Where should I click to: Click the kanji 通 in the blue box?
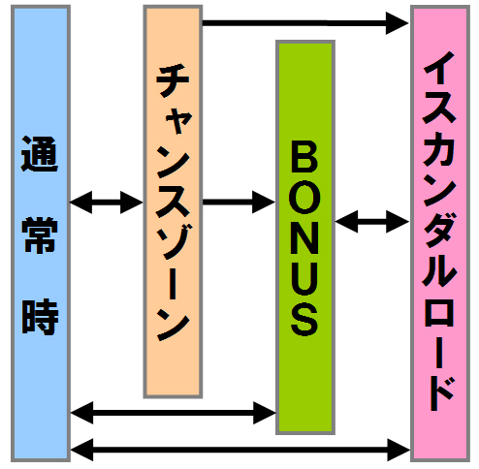coord(40,154)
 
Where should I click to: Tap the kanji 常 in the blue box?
coord(40,235)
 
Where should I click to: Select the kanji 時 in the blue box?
coord(40,316)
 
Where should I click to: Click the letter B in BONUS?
coord(304,157)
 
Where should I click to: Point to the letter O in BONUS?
coord(304,198)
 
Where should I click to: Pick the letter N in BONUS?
coord(304,238)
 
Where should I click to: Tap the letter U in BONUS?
coord(304,279)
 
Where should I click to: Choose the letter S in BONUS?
coord(304,320)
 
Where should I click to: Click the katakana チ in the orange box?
coord(173,80)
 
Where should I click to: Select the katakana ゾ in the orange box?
coord(174,241)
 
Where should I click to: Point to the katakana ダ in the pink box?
coord(439,230)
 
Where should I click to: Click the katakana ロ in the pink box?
coord(439,311)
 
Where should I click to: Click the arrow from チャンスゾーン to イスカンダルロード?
coord(305,23)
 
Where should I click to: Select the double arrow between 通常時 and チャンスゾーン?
coord(107,203)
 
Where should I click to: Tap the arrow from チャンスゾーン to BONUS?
coord(239,203)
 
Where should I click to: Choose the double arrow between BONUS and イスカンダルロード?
coord(372,222)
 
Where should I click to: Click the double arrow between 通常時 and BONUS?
coord(174,413)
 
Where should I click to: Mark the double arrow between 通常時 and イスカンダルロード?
coord(240,450)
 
